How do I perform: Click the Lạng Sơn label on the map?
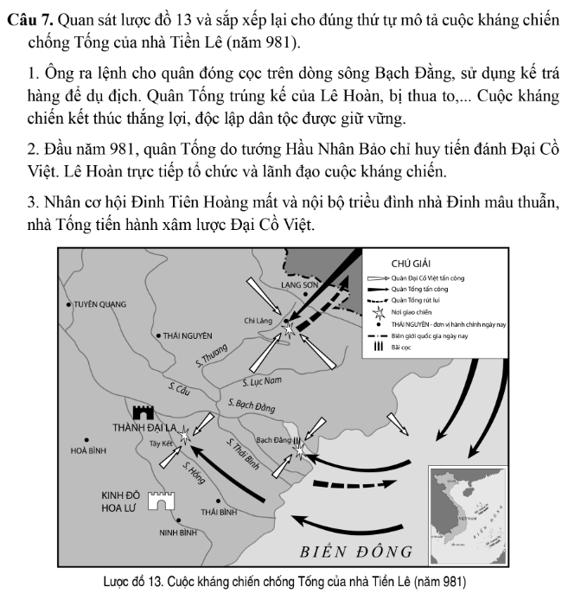[x=300, y=284]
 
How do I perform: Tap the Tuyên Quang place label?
[x=99, y=304]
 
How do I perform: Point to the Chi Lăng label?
[x=258, y=320]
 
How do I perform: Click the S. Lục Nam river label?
[x=263, y=380]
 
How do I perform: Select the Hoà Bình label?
[x=88, y=450]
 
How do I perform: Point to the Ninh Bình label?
[x=177, y=532]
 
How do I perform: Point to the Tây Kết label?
[x=162, y=443]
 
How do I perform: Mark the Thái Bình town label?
[x=218, y=512]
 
